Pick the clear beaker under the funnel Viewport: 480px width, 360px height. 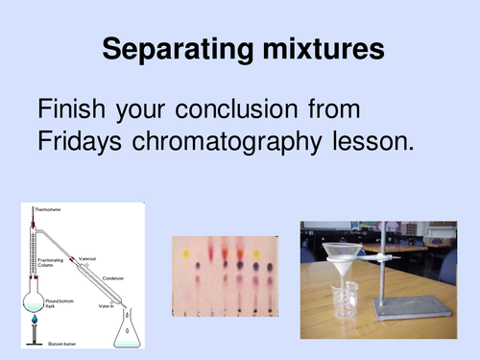343,307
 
